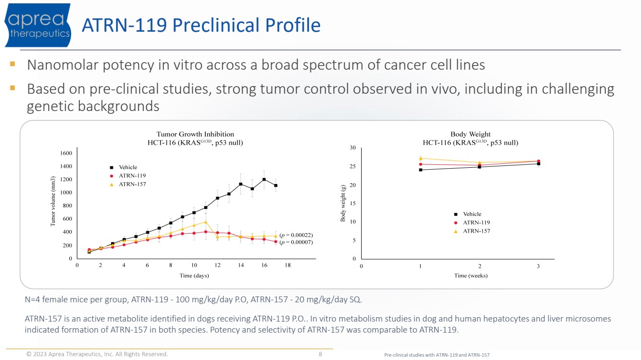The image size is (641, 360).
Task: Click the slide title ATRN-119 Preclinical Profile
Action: [x=201, y=25]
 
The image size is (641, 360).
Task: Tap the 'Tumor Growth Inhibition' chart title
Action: [x=195, y=134]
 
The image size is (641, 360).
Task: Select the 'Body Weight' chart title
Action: [x=470, y=134]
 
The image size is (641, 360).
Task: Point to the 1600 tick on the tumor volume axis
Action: [x=66, y=153]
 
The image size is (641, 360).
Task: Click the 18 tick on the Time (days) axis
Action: [x=288, y=265]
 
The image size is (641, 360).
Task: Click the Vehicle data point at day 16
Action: [x=264, y=179]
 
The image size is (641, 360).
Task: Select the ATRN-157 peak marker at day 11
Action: [x=205, y=222]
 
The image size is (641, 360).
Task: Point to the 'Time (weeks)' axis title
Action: [x=471, y=275]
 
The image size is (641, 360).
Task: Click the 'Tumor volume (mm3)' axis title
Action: [x=54, y=201]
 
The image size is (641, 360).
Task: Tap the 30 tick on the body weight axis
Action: [x=352, y=148]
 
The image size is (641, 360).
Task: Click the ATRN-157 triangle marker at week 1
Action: [x=420, y=158]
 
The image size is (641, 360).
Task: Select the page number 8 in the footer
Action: [x=320, y=354]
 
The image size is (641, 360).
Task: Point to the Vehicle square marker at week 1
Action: [x=420, y=170]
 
